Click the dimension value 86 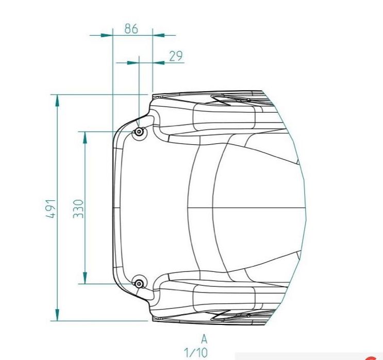pos(131,29)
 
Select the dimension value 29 pos(176,56)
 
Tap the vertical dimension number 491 pos(50,208)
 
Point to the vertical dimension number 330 pos(78,208)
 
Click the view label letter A pos(204,339)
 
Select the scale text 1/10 pos(196,353)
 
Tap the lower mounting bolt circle pos(139,283)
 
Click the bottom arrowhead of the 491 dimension pos(57,315)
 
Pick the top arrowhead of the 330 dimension pos(85,137)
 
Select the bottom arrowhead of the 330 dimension pos(85,278)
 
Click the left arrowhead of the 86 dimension pos(106,35)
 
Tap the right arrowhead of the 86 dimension pos(159,35)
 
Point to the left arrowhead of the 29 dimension pos(133,62)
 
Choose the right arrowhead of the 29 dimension pos(158,62)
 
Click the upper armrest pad pos(224,115)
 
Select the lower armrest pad pos(224,297)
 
